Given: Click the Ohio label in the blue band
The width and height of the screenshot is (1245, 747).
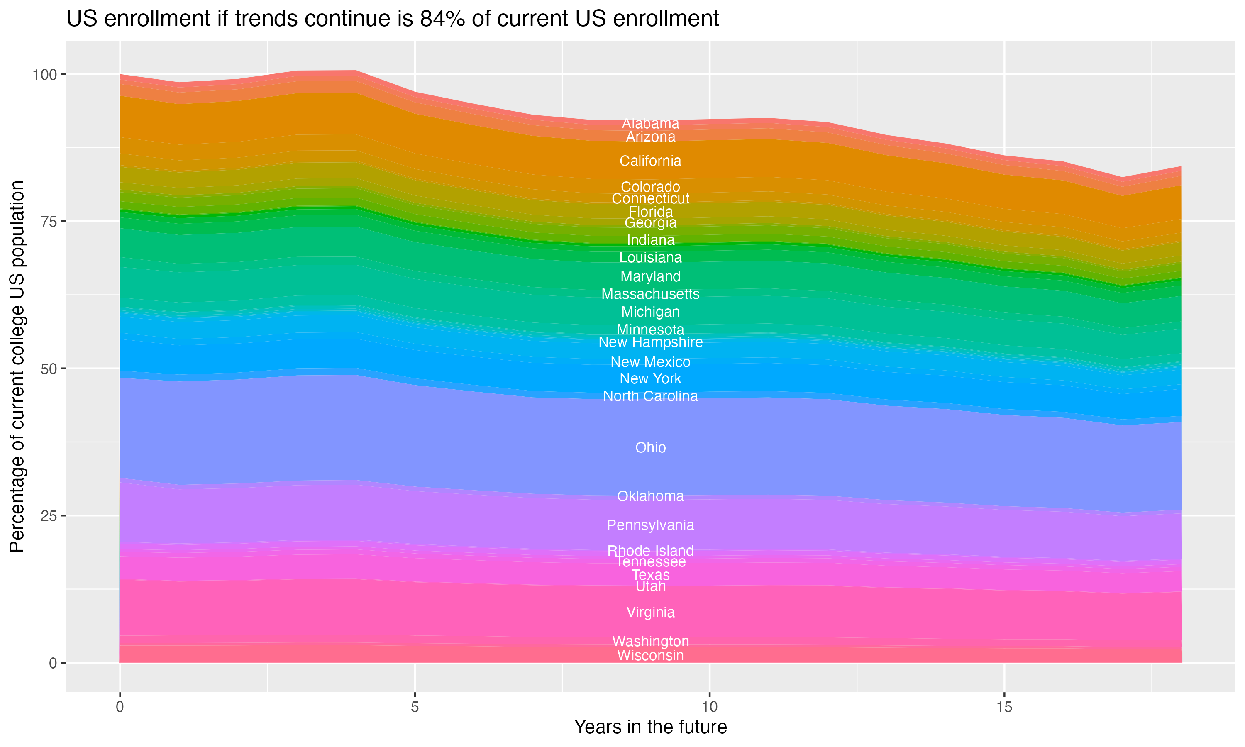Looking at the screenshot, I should pos(650,447).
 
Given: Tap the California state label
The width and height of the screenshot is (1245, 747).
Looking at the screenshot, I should pos(650,161).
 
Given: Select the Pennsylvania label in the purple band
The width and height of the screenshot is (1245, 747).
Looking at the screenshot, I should pos(650,525).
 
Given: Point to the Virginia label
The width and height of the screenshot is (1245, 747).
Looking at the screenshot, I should pos(650,612).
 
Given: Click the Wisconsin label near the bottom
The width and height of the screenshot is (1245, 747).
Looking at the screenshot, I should pos(650,655).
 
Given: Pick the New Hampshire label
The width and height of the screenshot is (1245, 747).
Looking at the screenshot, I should pos(650,342).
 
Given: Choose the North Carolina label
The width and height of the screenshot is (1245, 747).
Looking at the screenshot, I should pos(650,396).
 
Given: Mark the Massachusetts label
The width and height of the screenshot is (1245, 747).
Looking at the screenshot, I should pos(650,294).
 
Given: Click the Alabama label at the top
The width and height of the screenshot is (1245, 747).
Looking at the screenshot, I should pos(650,123).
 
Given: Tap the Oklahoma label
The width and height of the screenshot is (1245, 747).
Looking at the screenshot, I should pos(650,496).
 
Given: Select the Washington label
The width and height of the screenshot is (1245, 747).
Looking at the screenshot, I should pos(650,641).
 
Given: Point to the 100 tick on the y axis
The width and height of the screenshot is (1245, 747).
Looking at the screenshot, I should pos(44,75).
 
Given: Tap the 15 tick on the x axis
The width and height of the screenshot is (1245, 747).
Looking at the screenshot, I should pos(1004,707).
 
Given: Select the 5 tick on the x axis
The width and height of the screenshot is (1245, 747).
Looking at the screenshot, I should pos(415,707).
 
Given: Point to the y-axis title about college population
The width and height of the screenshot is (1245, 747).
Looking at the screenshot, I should pos(17,366).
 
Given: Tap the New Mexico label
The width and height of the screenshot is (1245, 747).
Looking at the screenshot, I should pos(650,362).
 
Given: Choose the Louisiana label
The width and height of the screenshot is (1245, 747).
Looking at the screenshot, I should pos(650,258).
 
